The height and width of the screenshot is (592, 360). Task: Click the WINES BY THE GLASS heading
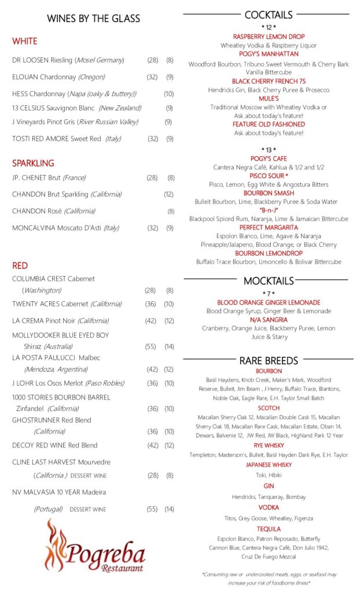(x=93, y=18)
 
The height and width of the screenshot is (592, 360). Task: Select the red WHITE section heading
(x=24, y=42)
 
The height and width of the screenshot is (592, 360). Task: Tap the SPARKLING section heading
(x=33, y=163)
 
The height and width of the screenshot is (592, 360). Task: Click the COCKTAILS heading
(x=269, y=14)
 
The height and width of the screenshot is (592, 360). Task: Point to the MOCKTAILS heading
(x=269, y=281)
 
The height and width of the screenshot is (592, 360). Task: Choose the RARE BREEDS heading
(x=269, y=360)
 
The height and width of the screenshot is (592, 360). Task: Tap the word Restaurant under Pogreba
(x=122, y=568)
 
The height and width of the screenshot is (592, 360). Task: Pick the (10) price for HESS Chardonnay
(x=168, y=94)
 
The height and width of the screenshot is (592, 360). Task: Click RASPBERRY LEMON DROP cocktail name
(x=269, y=36)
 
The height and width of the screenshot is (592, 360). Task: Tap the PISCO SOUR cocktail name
(x=269, y=176)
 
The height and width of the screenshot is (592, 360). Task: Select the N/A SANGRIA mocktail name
(x=269, y=320)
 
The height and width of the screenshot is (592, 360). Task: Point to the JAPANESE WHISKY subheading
(x=269, y=465)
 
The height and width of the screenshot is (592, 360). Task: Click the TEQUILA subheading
(x=269, y=529)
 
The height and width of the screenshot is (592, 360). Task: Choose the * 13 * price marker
(x=269, y=150)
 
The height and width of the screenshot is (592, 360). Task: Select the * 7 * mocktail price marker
(x=269, y=294)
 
